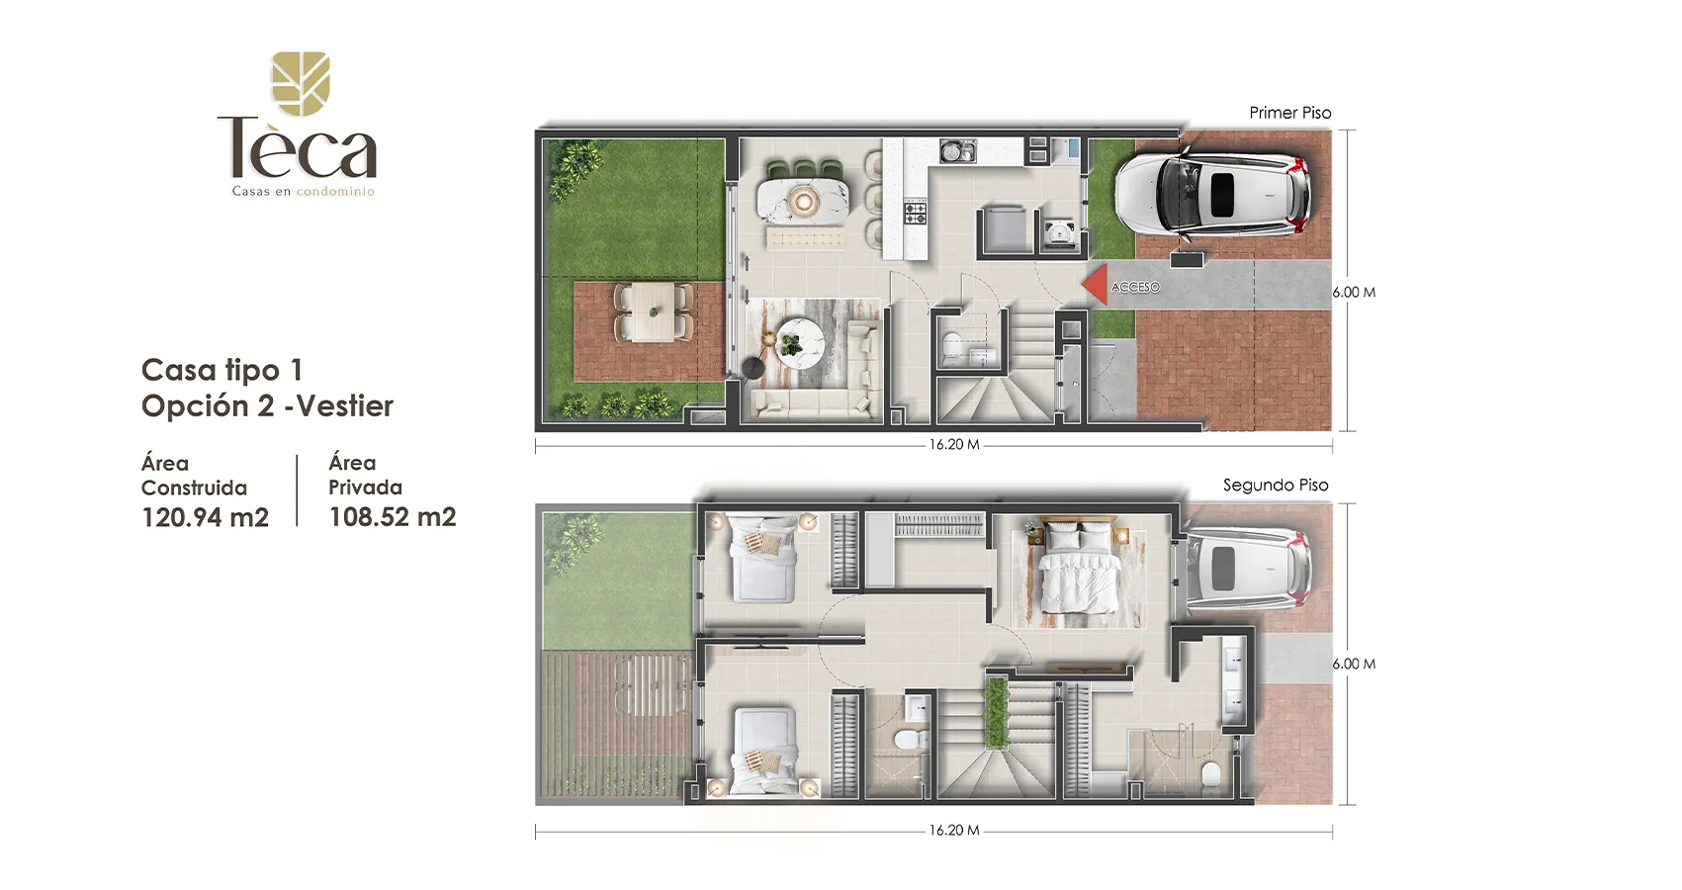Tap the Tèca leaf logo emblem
(301, 83)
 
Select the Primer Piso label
(1290, 113)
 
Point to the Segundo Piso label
(1276, 486)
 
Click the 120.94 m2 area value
(205, 517)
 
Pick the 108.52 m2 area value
(392, 517)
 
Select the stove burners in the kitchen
(915, 213)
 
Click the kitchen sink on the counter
(958, 151)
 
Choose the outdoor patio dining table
(653, 311)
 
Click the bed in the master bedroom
(1078, 575)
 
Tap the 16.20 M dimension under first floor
(954, 445)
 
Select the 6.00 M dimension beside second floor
(1354, 664)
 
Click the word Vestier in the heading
(345, 406)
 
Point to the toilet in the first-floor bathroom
(950, 346)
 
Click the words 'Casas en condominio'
(304, 192)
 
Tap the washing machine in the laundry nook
(1060, 233)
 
